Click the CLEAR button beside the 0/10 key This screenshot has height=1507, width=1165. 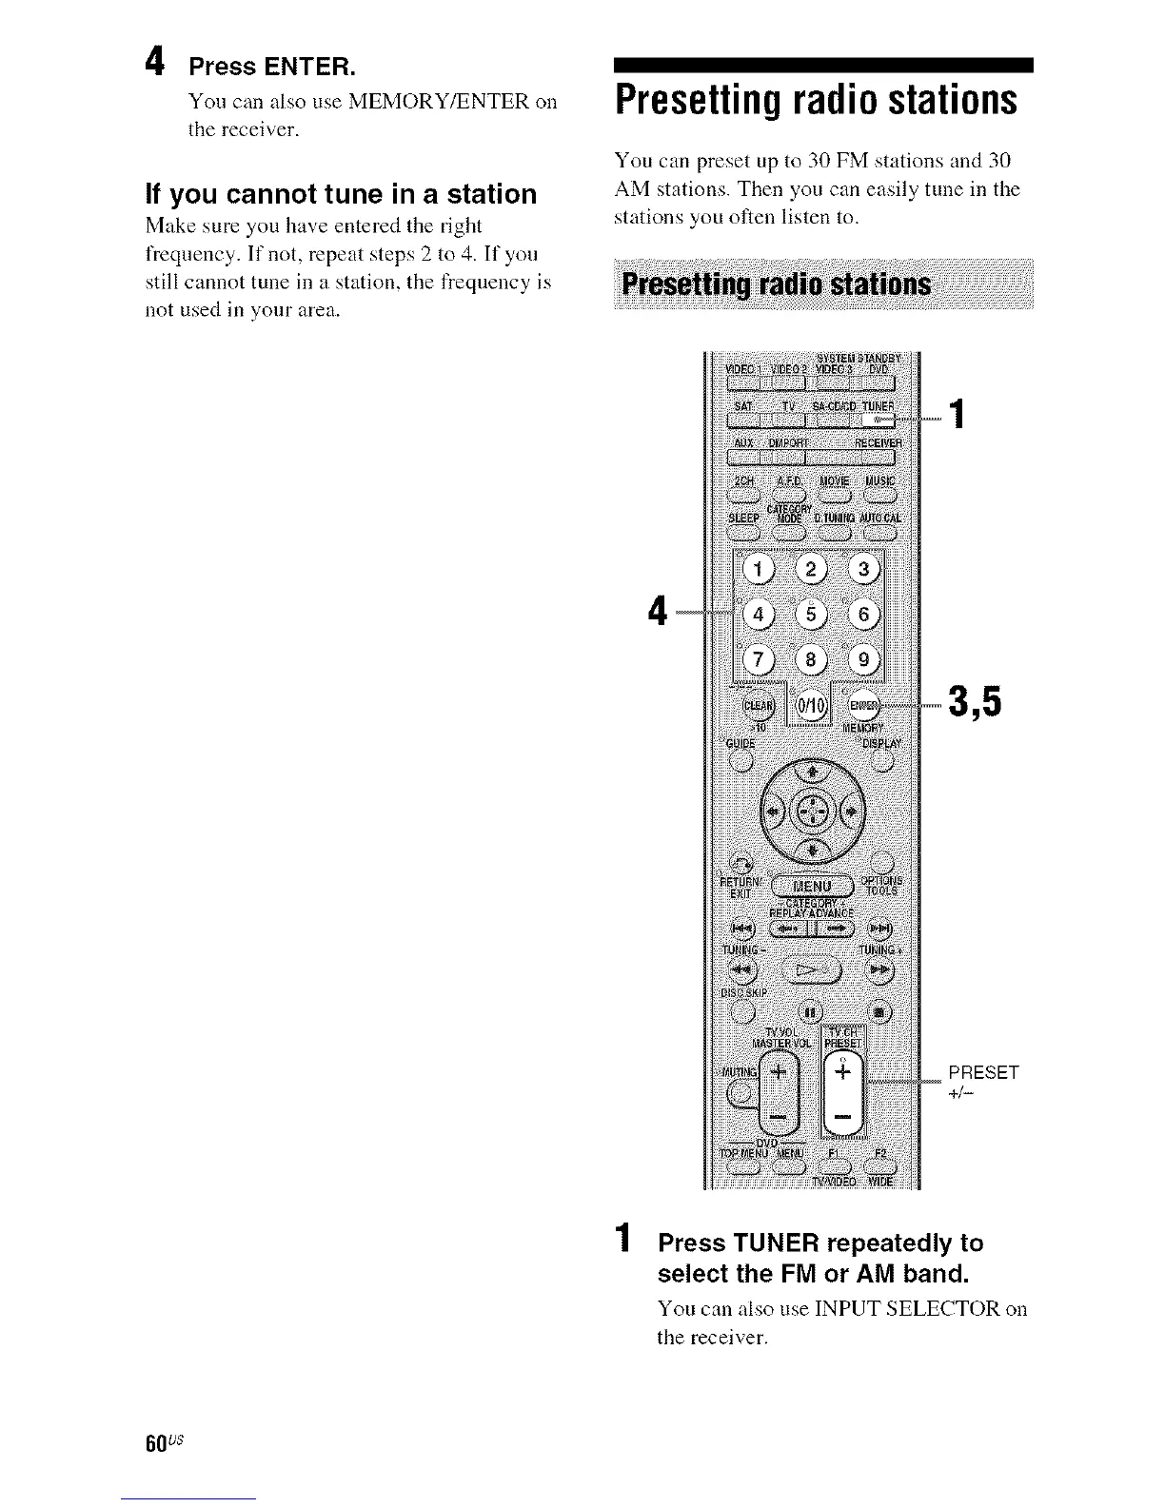pos(759,707)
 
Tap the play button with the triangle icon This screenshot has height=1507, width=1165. pos(812,971)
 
